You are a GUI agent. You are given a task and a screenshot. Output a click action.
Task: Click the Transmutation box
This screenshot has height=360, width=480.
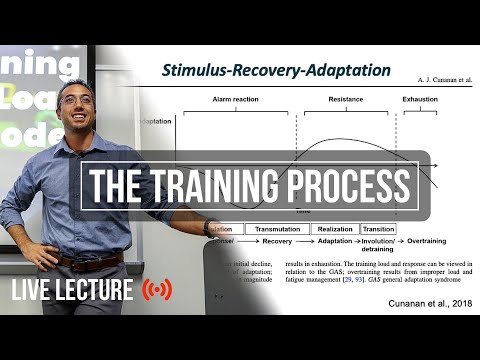click(x=278, y=229)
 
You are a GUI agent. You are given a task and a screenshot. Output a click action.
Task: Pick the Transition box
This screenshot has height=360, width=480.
click(x=378, y=229)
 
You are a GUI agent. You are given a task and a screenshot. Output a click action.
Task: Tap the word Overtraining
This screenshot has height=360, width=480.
click(x=424, y=242)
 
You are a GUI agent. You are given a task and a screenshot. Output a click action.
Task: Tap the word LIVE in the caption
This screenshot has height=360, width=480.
click(x=38, y=291)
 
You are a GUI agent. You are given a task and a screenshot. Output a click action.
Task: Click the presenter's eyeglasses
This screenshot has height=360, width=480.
click(x=78, y=101)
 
